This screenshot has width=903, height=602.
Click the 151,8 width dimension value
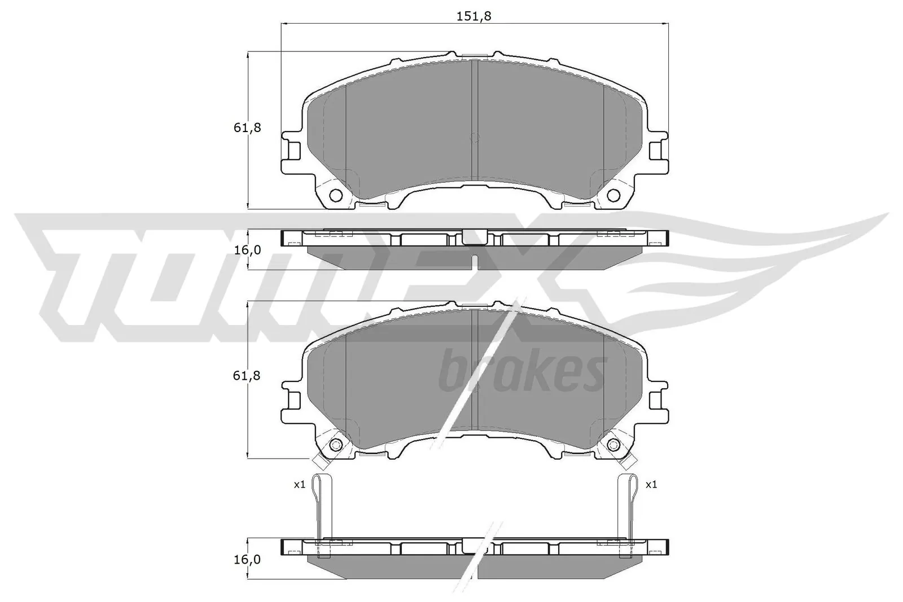pyautogui.click(x=474, y=16)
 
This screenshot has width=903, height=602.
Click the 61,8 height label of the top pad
pyautogui.click(x=247, y=128)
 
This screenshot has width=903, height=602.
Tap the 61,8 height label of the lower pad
pyautogui.click(x=247, y=375)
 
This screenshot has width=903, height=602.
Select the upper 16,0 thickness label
pyautogui.click(x=247, y=250)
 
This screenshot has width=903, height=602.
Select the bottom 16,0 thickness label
pyautogui.click(x=247, y=559)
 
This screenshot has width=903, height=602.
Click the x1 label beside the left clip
pyautogui.click(x=299, y=484)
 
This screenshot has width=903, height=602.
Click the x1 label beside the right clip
pyautogui.click(x=651, y=484)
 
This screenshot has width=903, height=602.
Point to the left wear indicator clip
pyautogui.click(x=323, y=508)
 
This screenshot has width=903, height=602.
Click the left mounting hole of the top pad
pyautogui.click(x=335, y=196)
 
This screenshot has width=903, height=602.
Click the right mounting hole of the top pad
pyautogui.click(x=613, y=196)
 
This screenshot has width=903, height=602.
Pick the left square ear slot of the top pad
pyautogui.click(x=293, y=151)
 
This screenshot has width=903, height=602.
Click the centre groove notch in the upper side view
pyautogui.click(x=474, y=260)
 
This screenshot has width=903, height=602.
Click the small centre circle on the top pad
pyautogui.click(x=474, y=137)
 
